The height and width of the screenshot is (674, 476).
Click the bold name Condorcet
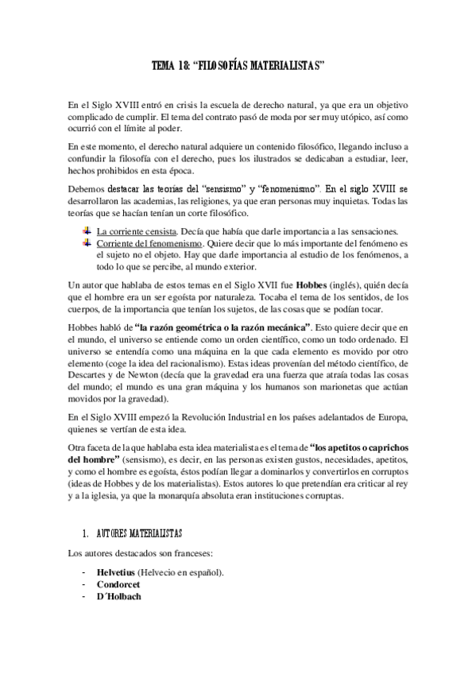[119, 583]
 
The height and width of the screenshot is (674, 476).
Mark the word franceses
[183, 552]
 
